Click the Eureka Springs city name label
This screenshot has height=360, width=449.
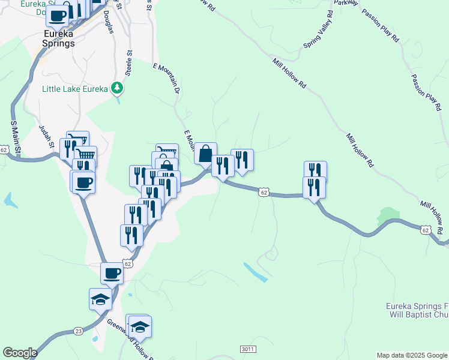[59, 38]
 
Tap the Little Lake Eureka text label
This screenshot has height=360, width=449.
[74, 89]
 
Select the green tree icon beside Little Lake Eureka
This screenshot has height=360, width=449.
[117, 89]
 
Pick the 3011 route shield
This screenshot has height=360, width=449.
[248, 349]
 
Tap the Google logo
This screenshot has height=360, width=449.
[20, 353]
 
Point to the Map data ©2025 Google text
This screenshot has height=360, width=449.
[411, 355]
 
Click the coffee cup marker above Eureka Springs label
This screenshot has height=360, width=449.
[57, 16]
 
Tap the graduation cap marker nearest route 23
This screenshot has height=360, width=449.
[100, 298]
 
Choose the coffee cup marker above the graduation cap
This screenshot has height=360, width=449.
[112, 273]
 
